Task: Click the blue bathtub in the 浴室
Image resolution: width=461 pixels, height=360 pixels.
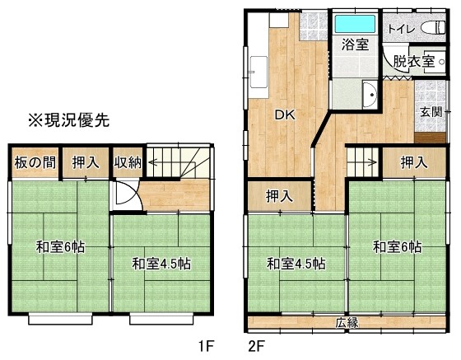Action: point(355,24)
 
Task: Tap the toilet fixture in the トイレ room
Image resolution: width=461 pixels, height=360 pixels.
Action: point(433,28)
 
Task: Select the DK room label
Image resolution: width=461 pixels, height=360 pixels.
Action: point(285,115)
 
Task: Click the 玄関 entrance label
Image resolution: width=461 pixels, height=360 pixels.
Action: point(431,112)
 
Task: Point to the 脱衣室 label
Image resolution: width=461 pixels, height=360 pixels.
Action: point(413,62)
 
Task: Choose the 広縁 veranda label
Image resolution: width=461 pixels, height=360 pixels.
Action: point(347,323)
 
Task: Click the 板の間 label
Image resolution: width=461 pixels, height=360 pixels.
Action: point(35,162)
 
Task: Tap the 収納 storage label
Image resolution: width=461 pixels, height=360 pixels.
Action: point(128,162)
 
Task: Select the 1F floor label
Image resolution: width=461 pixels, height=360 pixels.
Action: point(205,346)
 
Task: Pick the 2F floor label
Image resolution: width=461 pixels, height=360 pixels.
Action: point(256,346)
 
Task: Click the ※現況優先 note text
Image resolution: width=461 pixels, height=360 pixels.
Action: point(69,120)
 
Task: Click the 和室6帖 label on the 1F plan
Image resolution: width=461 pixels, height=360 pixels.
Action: point(60,247)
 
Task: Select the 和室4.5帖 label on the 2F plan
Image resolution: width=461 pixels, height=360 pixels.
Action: point(296,264)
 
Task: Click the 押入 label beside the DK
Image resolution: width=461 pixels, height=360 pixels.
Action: point(279,196)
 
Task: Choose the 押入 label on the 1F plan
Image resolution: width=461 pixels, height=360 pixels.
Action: point(86,162)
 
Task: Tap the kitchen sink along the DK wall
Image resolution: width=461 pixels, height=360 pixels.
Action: point(258,72)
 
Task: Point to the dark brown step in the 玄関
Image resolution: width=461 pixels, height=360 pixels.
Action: point(430,138)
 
